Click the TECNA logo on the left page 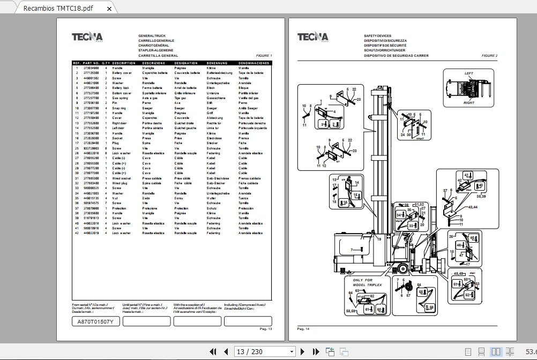(87, 37)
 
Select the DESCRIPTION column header (124, 63)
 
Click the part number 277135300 (91, 73)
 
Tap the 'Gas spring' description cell (120, 98)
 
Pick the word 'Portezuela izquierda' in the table (252, 128)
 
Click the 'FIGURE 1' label (264, 56)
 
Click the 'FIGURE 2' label (489, 56)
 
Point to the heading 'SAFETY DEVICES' (378, 36)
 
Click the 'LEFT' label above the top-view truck (469, 73)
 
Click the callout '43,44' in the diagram (473, 207)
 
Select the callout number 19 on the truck (379, 239)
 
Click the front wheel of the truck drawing (402, 269)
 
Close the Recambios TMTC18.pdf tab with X (110, 9)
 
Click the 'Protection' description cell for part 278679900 (120, 208)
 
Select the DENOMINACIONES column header (254, 63)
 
